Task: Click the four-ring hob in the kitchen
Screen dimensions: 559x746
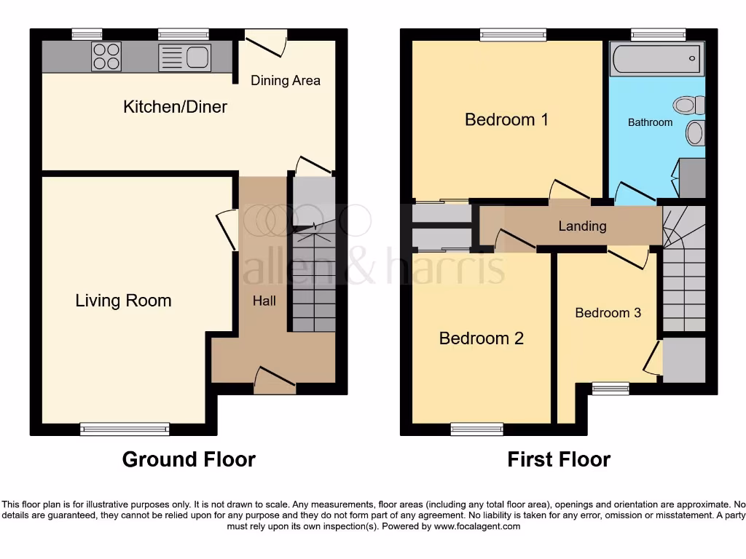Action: [106, 57]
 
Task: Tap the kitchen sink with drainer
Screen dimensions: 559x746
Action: [185, 58]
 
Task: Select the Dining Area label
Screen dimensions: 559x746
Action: [286, 80]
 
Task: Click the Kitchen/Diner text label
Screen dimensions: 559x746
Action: [175, 107]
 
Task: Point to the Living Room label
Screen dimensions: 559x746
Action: [123, 301]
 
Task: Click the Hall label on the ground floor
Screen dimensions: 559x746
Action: [264, 300]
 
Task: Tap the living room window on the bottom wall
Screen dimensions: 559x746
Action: [125, 429]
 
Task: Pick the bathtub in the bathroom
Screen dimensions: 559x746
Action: [657, 59]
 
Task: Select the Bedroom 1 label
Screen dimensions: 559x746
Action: [506, 119]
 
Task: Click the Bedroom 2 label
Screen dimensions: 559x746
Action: [481, 338]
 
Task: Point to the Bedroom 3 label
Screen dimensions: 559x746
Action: [608, 313]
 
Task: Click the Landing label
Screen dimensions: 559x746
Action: [582, 226]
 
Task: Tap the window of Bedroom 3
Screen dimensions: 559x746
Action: [610, 389]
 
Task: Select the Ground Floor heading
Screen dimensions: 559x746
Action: [189, 459]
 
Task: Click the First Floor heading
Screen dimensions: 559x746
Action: [559, 459]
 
